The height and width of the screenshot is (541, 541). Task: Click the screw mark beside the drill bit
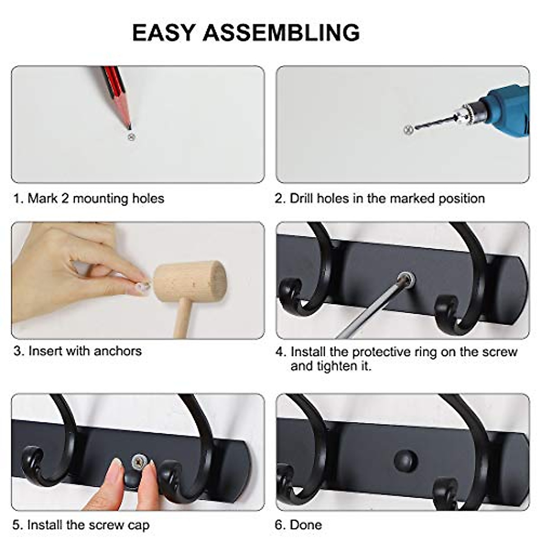[408, 130]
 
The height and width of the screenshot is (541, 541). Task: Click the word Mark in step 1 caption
[42, 198]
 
